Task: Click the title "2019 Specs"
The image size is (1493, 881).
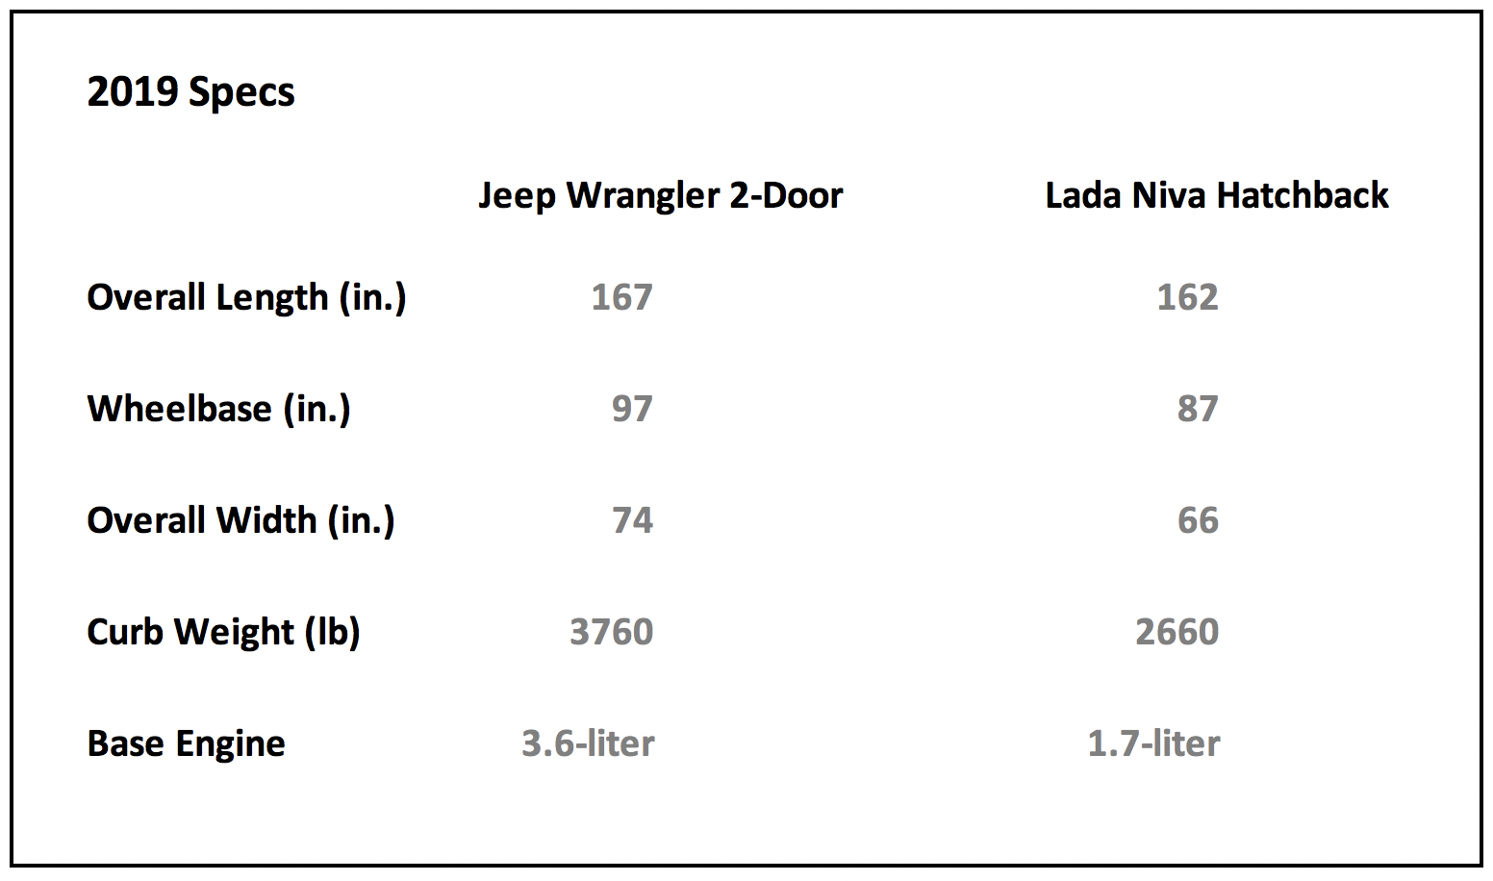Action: (x=190, y=92)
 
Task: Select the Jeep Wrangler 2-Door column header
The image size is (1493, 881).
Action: (x=661, y=196)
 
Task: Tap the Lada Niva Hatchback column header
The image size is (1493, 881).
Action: (x=1217, y=195)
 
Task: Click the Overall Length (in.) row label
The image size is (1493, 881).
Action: (x=246, y=297)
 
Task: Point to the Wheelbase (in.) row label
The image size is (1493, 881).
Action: (x=218, y=409)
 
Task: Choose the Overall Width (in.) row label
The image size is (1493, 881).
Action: (x=240, y=519)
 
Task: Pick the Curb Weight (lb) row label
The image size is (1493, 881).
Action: (x=223, y=632)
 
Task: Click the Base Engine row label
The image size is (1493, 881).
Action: (x=186, y=743)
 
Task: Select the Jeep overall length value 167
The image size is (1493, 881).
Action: (x=621, y=297)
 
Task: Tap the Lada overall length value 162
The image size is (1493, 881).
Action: (x=1188, y=297)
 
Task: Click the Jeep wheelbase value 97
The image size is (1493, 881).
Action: (x=633, y=409)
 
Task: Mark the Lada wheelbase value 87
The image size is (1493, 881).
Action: (x=1198, y=409)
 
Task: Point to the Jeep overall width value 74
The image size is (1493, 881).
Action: (x=633, y=519)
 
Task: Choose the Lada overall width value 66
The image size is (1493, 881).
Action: (x=1198, y=519)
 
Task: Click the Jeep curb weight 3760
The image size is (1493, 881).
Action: (x=611, y=632)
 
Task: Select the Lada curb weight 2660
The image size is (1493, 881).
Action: (x=1177, y=632)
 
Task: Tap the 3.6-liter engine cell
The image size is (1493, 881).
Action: (x=588, y=743)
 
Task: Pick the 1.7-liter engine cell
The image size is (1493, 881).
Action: (x=1153, y=743)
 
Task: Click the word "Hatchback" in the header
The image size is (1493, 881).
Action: (x=1303, y=195)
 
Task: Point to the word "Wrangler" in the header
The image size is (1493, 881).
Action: (x=644, y=196)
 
